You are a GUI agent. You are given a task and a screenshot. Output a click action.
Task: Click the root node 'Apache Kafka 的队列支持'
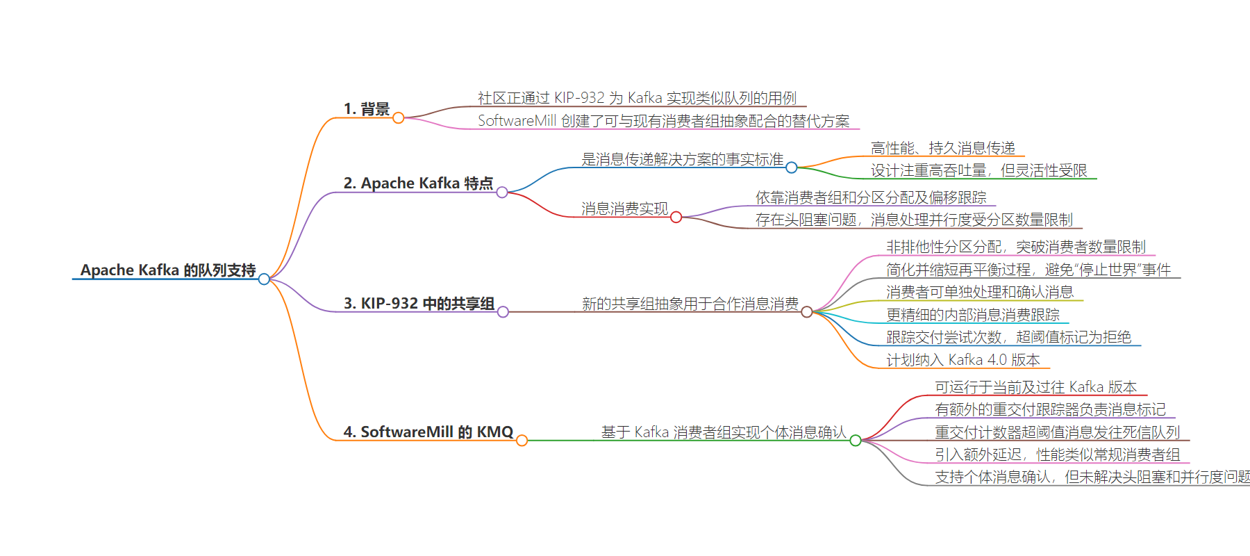click(168, 270)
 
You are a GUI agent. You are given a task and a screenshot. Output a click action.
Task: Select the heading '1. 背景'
click(367, 109)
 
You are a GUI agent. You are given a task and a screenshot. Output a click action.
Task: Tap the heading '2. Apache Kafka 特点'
click(418, 183)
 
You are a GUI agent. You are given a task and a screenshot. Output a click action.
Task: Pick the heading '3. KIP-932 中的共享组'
click(419, 304)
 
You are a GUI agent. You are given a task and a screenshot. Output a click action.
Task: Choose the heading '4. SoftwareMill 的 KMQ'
click(428, 432)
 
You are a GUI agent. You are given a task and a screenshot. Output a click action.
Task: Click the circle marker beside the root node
click(264, 279)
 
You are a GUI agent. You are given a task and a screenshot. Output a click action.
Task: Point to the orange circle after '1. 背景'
click(399, 118)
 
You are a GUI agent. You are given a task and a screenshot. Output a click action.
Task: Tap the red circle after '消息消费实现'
click(676, 218)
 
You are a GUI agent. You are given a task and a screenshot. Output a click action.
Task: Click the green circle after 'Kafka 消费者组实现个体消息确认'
click(856, 441)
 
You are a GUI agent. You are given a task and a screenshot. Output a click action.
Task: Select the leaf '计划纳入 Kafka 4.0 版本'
click(963, 360)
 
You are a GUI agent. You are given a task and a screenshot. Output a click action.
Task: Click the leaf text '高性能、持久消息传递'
click(943, 148)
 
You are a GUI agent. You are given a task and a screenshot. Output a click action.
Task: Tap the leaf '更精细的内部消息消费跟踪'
click(973, 315)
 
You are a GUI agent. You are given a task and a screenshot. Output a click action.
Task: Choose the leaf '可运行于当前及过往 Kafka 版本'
click(1036, 387)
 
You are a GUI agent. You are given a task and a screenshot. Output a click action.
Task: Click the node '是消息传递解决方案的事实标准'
click(682, 159)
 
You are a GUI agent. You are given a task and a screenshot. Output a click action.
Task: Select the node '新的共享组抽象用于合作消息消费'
click(690, 304)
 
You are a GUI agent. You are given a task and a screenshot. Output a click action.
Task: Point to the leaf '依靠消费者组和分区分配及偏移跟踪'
click(871, 197)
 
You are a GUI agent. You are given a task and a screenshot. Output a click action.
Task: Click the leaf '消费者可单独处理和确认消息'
click(980, 292)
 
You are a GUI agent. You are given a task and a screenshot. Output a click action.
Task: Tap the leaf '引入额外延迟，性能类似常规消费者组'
click(1058, 455)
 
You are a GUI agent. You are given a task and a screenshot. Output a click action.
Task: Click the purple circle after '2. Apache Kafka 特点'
click(502, 193)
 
